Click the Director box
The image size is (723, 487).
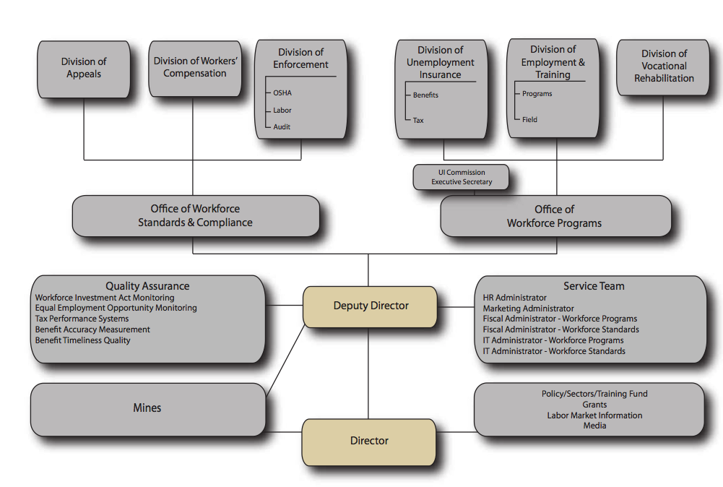(369, 441)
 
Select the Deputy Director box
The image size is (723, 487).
(370, 306)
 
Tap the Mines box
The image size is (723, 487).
(147, 408)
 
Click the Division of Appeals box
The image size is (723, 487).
(84, 68)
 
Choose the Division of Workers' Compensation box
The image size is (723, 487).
(195, 67)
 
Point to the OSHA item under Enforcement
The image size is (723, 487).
(282, 93)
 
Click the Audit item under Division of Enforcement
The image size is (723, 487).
(282, 127)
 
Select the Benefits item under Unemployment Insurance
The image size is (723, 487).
(425, 95)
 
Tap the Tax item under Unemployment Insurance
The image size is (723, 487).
(418, 121)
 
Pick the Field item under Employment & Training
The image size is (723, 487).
(530, 120)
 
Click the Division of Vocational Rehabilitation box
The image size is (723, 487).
(664, 66)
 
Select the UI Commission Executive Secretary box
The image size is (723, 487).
(462, 177)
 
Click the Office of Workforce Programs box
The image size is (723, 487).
(554, 216)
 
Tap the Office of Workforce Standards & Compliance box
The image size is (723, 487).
(195, 215)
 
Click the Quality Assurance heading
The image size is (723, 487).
(147, 286)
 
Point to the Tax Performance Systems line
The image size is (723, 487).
(82, 319)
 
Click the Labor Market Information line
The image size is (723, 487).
(594, 415)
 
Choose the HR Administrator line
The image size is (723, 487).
(515, 298)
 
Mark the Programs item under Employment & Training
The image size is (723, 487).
(537, 94)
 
